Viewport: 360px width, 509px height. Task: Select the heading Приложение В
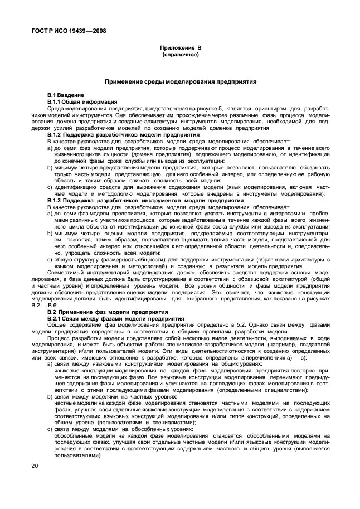click(179, 49)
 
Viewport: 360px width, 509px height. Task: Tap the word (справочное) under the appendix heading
click(179, 55)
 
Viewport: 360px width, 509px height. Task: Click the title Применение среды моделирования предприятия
click(181, 81)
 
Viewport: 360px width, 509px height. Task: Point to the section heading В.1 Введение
click(65, 96)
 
